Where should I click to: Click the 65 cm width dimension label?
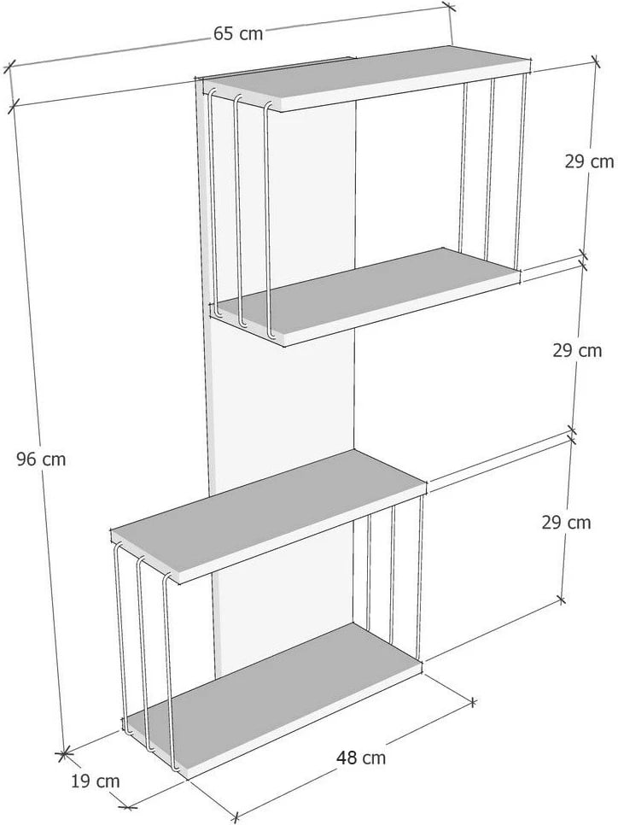click(x=238, y=33)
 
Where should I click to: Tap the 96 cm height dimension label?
click(x=41, y=459)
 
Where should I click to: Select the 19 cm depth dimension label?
click(x=96, y=781)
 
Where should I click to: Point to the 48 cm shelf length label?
click(x=361, y=758)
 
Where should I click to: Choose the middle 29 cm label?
click(x=577, y=350)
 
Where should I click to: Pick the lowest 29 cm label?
click(x=567, y=523)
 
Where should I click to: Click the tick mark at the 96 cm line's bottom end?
click(x=64, y=753)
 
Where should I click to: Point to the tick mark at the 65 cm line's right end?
click(x=449, y=6)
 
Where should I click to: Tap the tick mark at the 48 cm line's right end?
click(x=473, y=701)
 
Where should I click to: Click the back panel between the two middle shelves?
click(x=284, y=400)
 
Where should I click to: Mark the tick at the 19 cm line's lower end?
click(x=125, y=806)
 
